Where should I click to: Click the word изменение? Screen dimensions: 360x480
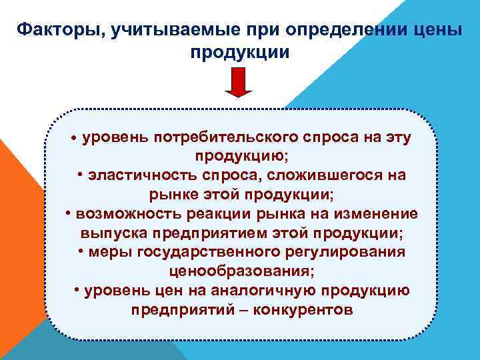377,214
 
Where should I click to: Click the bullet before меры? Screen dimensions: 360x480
80,253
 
